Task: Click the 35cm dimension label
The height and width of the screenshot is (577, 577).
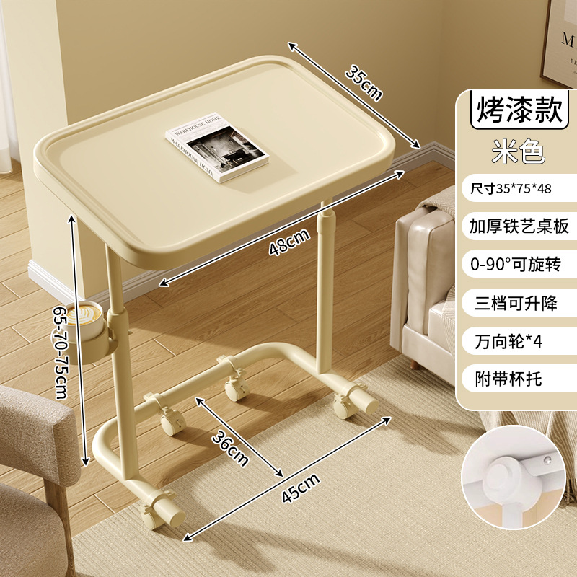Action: (x=362, y=83)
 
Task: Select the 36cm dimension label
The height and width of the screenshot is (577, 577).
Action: (x=230, y=447)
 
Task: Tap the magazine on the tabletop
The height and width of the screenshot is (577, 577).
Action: (x=216, y=146)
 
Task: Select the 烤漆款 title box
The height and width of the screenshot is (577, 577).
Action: (x=515, y=110)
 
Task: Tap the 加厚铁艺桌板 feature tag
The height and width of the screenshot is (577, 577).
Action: (x=515, y=226)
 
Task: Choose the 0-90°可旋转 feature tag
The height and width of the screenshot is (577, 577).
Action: (x=515, y=264)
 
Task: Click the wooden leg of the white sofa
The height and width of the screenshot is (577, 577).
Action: (x=413, y=364)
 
